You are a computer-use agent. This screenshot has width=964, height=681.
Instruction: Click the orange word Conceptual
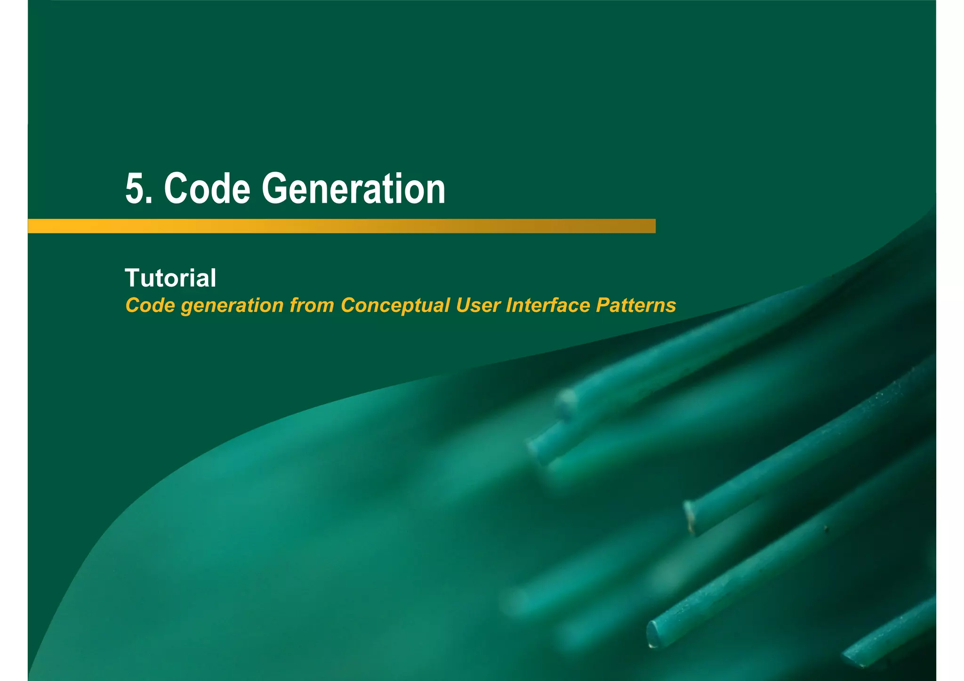click(395, 305)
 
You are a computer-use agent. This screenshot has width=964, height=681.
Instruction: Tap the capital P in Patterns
click(602, 305)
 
